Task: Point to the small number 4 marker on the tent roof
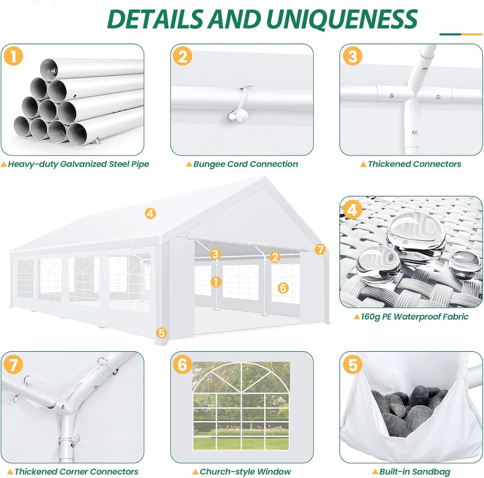150,213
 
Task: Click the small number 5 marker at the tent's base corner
162,333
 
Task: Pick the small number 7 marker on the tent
320,249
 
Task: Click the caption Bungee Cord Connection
245,164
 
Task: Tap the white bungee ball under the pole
234,115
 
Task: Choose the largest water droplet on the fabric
416,236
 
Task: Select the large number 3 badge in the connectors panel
353,56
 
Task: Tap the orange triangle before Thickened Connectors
363,165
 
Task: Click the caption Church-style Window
245,471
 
